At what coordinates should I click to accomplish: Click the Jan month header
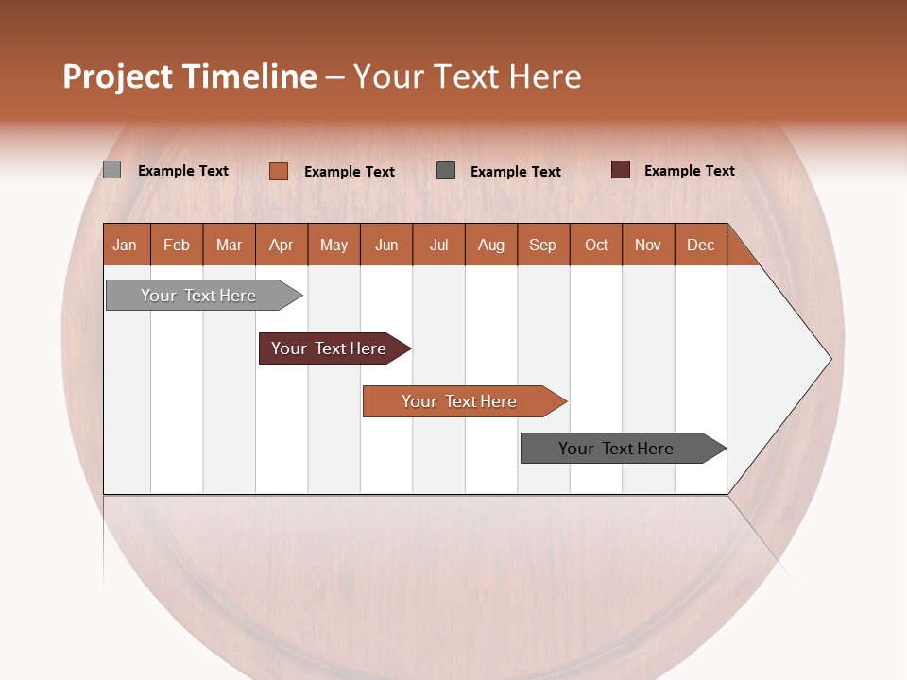coord(126,245)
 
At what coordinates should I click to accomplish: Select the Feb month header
coord(177,245)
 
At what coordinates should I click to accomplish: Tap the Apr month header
coord(282,245)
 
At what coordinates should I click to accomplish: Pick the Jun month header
coord(386,245)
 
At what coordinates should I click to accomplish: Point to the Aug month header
coord(491,245)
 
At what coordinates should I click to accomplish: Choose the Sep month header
coord(543,245)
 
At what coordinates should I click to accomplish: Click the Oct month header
coord(596,245)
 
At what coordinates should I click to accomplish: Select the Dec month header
coord(701,245)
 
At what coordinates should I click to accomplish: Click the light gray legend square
coord(112,170)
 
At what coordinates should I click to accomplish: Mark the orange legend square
coord(279,171)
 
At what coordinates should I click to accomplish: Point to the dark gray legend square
coord(446,170)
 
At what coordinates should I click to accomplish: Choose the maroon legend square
coord(621,170)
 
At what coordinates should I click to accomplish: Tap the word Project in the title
coord(118,76)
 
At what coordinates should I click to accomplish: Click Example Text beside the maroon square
coord(689,171)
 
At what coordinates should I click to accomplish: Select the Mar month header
coord(230,245)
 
